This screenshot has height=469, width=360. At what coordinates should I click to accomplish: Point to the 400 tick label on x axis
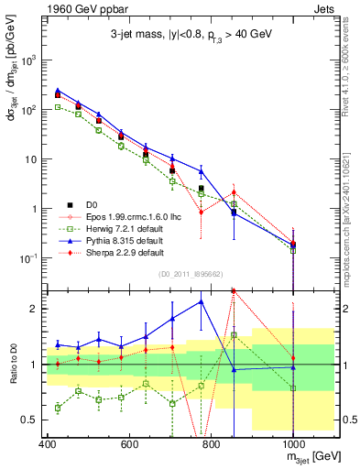(x=45, y=443)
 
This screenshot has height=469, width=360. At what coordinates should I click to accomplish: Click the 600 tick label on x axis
(x=127, y=443)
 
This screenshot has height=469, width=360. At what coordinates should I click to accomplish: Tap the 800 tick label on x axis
(x=210, y=443)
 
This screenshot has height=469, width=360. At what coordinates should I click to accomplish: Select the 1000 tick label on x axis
(x=291, y=443)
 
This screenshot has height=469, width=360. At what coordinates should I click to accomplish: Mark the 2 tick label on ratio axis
(x=33, y=309)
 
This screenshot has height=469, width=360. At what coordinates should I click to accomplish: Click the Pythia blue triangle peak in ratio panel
(x=201, y=301)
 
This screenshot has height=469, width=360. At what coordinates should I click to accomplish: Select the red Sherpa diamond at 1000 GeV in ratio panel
(x=292, y=357)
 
